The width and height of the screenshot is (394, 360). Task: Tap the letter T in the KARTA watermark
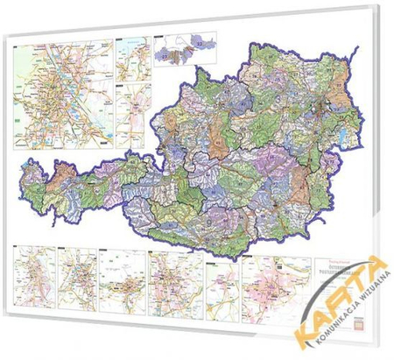coord(351,293)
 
